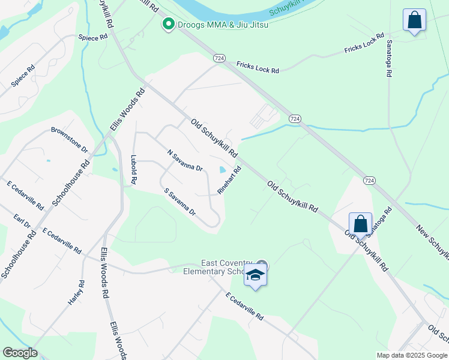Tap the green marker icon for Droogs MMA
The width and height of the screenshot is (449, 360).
point(169,25)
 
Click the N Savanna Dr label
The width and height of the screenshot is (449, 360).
point(185,160)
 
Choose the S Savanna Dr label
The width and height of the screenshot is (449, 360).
point(180,202)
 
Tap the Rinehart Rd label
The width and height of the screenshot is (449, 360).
point(229,180)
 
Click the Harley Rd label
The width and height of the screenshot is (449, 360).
point(76,292)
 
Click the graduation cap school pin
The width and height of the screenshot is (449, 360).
point(256,275)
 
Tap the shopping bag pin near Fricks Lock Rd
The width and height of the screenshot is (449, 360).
point(414,20)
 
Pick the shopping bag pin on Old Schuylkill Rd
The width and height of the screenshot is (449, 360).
point(360,224)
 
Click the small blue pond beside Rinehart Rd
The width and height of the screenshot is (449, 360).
point(223,170)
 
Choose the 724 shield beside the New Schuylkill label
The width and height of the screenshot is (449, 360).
point(369,180)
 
